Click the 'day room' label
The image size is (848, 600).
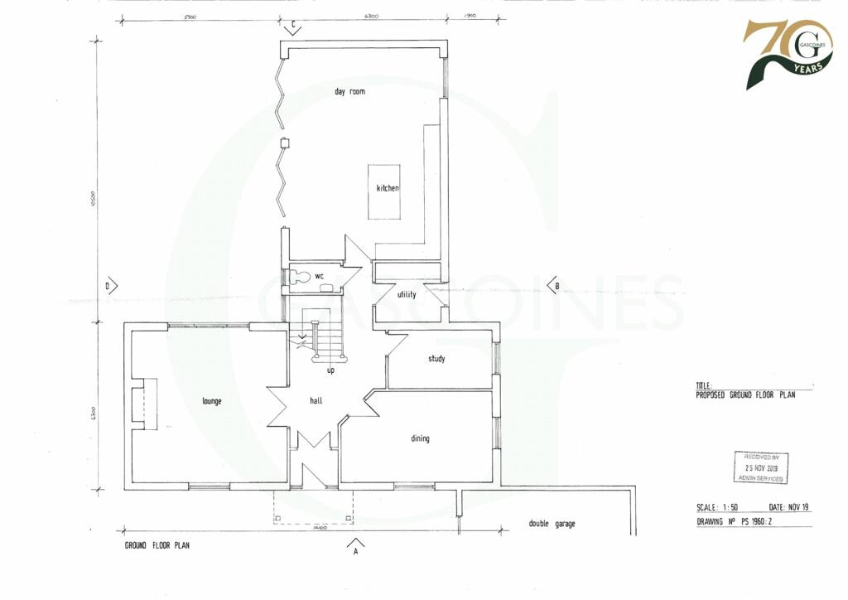[x=349, y=91]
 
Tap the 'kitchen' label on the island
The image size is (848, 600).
[x=388, y=188]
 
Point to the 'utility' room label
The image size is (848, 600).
[x=406, y=294]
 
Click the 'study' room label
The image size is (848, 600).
[x=436, y=359]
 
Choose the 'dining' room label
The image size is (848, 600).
[x=420, y=438]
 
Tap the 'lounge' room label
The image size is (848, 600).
[x=211, y=401]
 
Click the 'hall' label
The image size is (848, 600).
[x=316, y=401]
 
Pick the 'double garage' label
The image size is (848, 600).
[x=552, y=524]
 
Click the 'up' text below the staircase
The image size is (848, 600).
[x=330, y=370]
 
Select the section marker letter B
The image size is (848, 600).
[x=556, y=286]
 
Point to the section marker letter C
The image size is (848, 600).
[x=291, y=23]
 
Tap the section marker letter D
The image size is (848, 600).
[x=108, y=286]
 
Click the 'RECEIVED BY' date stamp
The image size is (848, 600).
[x=761, y=467]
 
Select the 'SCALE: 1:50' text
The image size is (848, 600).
[x=717, y=507]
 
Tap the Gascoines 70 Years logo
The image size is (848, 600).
[x=786, y=53]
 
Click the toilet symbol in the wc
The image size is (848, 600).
[x=301, y=275]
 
